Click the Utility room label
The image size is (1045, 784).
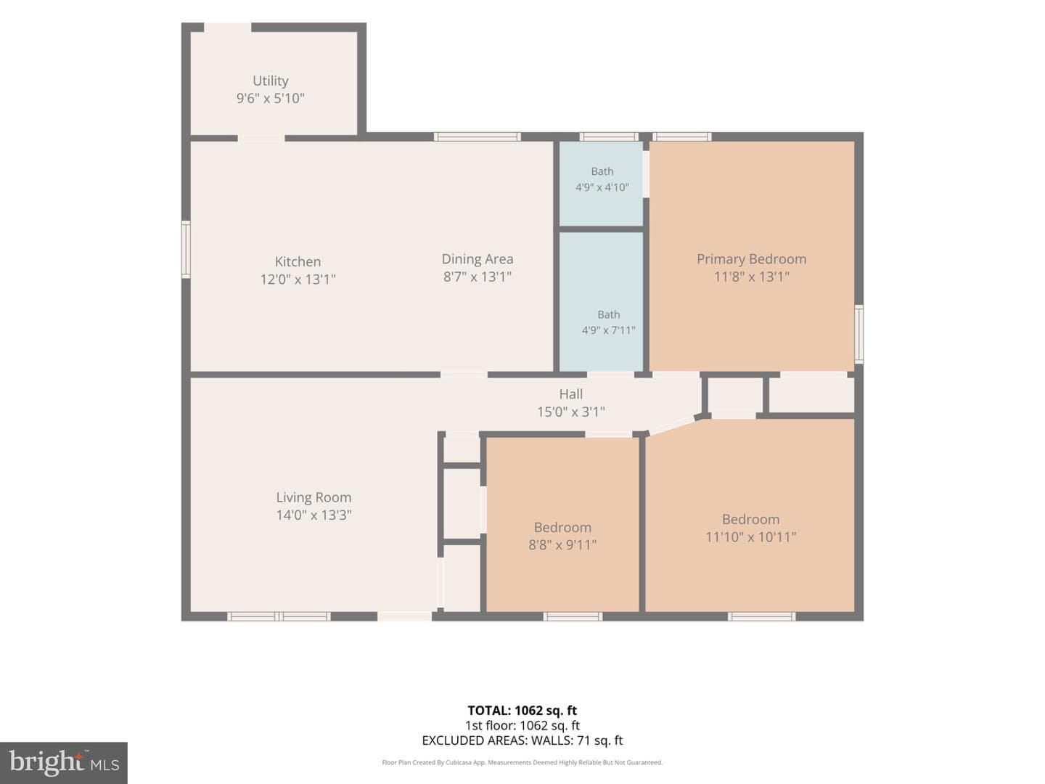(271, 81)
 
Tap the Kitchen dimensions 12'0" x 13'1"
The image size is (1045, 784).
(298, 279)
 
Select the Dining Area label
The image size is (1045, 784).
(478, 259)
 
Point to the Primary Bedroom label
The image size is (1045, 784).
(751, 259)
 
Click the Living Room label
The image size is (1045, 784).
(313, 497)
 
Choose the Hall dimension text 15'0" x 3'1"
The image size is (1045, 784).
(571, 412)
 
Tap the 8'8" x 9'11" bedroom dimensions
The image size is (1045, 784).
(562, 544)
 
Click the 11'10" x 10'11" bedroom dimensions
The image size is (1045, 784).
(751, 537)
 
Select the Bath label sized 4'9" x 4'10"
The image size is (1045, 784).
(602, 171)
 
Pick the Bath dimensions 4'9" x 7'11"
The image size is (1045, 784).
(608, 330)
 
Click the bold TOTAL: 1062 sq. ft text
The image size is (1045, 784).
(522, 711)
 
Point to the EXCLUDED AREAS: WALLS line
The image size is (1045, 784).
(522, 740)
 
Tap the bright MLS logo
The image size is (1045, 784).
(64, 762)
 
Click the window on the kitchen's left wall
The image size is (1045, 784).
(187, 249)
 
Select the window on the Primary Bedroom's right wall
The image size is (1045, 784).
(858, 334)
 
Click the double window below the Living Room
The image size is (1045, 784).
(279, 616)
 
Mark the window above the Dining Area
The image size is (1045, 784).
(477, 137)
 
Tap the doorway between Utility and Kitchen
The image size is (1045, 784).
(261, 139)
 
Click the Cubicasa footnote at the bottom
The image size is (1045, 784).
(522, 762)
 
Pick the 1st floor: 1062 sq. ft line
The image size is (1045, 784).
(522, 725)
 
